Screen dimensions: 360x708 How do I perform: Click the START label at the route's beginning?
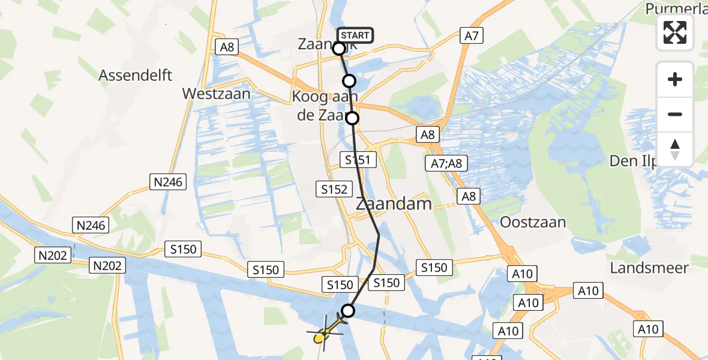pos(355,35)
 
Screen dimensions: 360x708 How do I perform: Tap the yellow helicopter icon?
pos(323,332)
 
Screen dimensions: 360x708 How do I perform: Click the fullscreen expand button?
pos(675,32)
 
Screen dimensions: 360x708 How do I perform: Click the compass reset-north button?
pos(675,149)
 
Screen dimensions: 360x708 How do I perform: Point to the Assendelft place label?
pos(136,75)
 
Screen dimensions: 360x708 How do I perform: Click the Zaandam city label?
pos(394,203)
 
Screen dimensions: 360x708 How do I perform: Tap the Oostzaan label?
pos(533,222)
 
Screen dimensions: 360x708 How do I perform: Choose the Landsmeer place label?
pos(649,268)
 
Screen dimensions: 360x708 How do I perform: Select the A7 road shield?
pos(472,36)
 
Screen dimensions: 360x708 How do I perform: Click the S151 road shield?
pos(358,160)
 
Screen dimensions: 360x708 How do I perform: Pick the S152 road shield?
pos(334,190)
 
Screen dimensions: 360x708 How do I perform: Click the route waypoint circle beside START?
pos(339,49)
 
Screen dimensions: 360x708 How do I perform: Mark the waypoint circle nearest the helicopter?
pos(347,310)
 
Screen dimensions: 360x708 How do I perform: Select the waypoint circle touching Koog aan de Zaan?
pos(352,118)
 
